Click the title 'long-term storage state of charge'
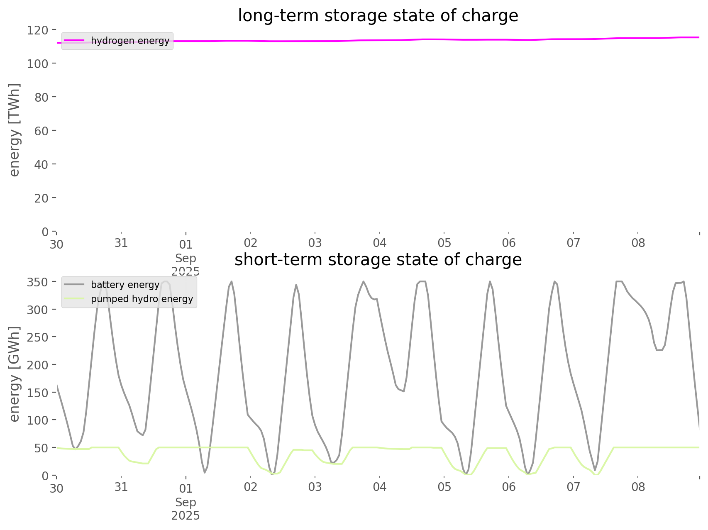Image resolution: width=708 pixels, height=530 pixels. click(378, 16)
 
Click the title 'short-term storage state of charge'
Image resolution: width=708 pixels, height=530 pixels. click(378, 260)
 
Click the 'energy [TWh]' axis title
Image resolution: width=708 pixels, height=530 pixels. click(15, 130)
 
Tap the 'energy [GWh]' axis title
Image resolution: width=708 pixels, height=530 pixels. click(15, 374)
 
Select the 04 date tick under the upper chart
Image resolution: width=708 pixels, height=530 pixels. click(380, 243)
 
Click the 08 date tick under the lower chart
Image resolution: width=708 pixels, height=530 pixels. click(638, 487)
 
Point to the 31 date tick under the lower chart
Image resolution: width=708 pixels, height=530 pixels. click(121, 487)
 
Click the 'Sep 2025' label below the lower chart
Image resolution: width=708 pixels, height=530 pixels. click(186, 509)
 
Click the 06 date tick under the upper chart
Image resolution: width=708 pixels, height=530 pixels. click(509, 243)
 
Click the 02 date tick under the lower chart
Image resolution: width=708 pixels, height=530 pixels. click(251, 487)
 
